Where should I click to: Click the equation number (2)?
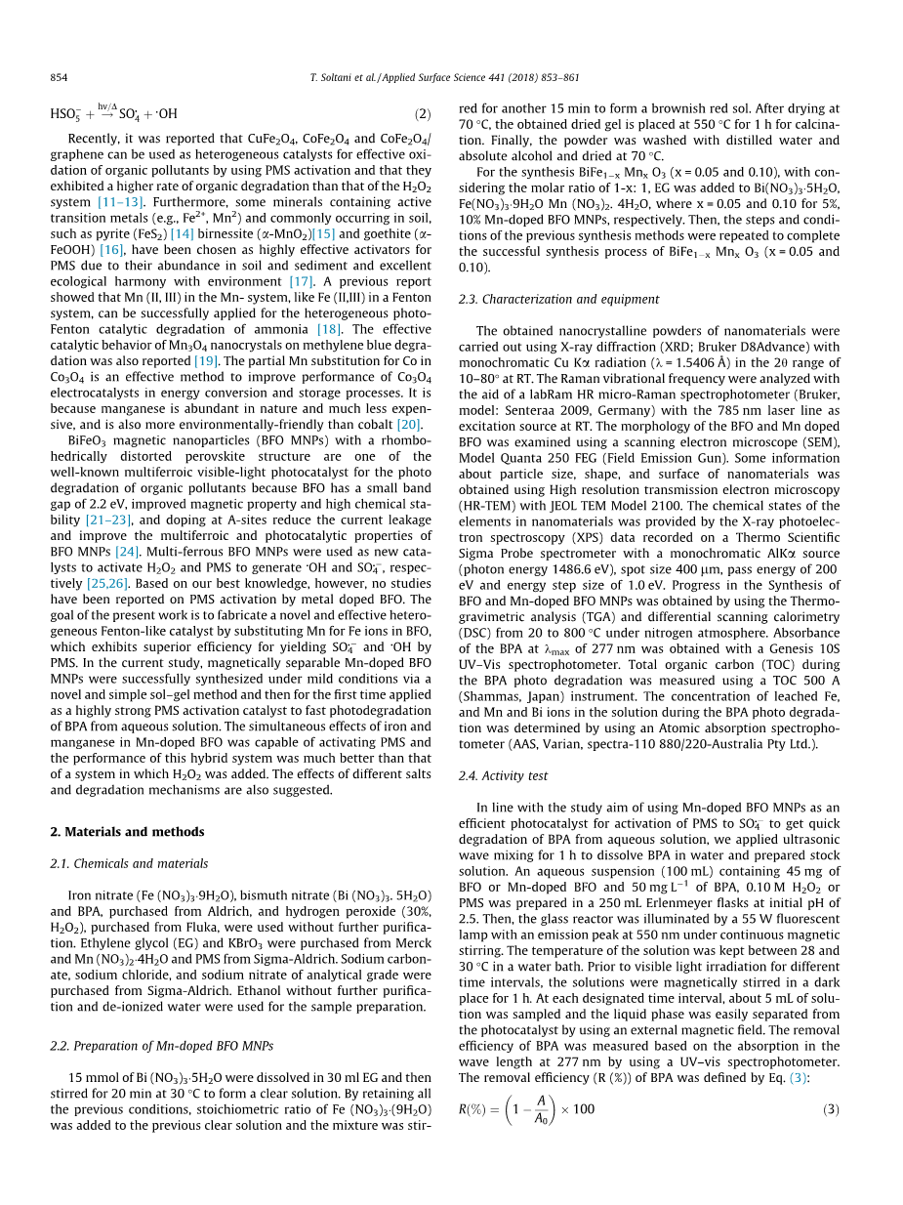point(421,113)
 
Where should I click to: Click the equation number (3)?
point(830,1109)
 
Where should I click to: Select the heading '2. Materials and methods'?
point(127,832)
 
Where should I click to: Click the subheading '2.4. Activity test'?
point(503,775)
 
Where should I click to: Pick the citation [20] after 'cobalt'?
point(406,425)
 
